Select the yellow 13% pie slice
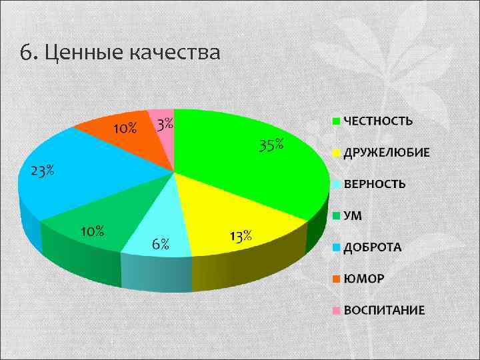coord(220,210)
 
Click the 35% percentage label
coord(271,145)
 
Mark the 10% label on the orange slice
coord(124,128)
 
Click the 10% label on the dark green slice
coord(92,231)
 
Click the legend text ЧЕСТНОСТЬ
coord(377,121)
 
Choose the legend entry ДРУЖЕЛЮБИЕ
coord(386,153)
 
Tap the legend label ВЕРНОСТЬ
coord(374,184)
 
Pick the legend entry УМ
coord(353,215)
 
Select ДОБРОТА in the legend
coord(372,247)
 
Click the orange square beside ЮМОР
coord(337,279)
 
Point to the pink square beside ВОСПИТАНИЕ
coord(337,310)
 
